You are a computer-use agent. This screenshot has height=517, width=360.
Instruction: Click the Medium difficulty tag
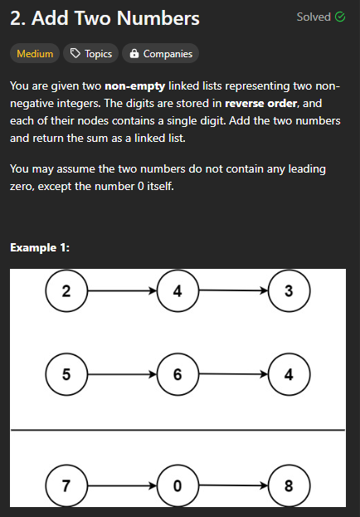pyautogui.click(x=35, y=53)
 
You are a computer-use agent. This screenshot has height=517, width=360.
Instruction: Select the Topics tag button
pyautogui.click(x=90, y=53)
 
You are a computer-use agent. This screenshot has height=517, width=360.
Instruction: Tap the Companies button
pyautogui.click(x=161, y=53)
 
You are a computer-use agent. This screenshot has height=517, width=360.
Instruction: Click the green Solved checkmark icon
pyautogui.click(x=340, y=17)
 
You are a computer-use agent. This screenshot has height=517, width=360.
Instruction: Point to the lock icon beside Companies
pyautogui.click(x=134, y=54)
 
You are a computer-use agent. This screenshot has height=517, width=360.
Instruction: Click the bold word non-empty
pyautogui.click(x=135, y=86)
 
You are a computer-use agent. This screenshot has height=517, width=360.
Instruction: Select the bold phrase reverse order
pyautogui.click(x=260, y=104)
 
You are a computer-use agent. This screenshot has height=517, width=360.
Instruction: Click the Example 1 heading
pyautogui.click(x=40, y=247)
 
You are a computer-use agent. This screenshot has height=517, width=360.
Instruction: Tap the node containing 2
pyautogui.click(x=66, y=290)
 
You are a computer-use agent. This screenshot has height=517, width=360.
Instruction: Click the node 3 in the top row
pyautogui.click(x=289, y=290)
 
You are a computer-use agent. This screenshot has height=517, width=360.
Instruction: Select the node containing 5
pyautogui.click(x=66, y=374)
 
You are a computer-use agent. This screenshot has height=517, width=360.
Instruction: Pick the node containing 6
pyautogui.click(x=178, y=374)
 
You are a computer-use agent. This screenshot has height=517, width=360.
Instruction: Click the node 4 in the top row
pyautogui.click(x=178, y=290)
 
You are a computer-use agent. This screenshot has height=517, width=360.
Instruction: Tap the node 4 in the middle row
pyautogui.click(x=289, y=374)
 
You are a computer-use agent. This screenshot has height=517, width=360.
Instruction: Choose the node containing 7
pyautogui.click(x=66, y=485)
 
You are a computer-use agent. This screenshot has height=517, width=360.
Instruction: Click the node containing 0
pyautogui.click(x=178, y=485)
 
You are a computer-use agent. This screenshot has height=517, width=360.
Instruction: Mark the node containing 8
pyautogui.click(x=289, y=485)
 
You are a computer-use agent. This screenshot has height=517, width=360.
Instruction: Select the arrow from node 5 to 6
pyautogui.click(x=122, y=374)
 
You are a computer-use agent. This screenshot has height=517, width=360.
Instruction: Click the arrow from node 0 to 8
pyautogui.click(x=233, y=485)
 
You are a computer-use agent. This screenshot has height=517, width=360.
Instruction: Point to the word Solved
pyautogui.click(x=314, y=17)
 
